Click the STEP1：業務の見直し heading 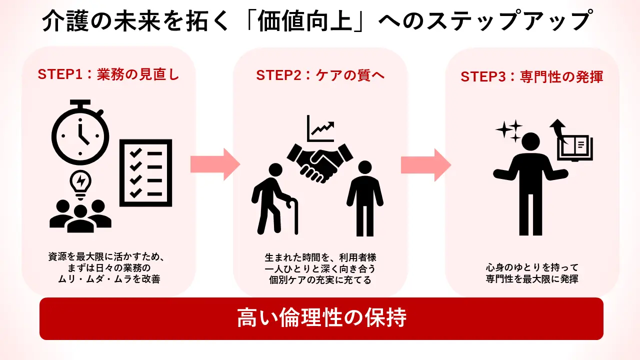[x=108, y=75]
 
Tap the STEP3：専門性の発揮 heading [x=532, y=76]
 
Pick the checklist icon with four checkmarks [x=145, y=172]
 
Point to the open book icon [x=575, y=146]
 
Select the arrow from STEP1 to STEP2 [x=214, y=164]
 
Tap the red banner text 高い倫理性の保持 [x=321, y=318]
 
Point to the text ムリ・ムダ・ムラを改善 [x=109, y=279]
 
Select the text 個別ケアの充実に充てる [x=320, y=280]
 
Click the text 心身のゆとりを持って [x=532, y=267]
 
